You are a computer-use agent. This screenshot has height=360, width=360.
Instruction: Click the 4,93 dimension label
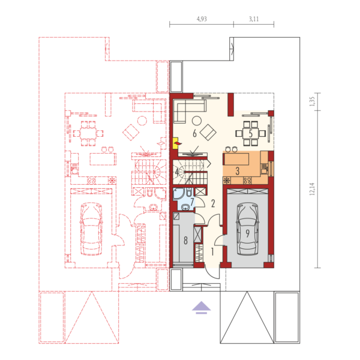pyautogui.click(x=202, y=19)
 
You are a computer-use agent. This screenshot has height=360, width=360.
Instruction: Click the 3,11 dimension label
pyautogui.click(x=254, y=19)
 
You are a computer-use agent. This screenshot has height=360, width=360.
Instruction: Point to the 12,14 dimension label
pyautogui.click(x=312, y=189)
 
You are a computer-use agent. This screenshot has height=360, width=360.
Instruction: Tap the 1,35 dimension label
pyautogui.click(x=312, y=101)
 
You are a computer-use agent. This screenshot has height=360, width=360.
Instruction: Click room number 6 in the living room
pyautogui.click(x=194, y=133)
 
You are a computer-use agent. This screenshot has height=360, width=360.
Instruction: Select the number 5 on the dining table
pyautogui.click(x=251, y=133)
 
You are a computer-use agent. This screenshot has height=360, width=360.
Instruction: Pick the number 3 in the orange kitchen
pyautogui.click(x=238, y=171)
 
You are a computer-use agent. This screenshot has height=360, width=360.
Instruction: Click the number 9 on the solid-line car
pyautogui.click(x=247, y=233)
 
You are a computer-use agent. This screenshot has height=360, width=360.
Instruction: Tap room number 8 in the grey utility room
pyautogui.click(x=185, y=241)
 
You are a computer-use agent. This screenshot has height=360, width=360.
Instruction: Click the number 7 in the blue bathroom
pyautogui.click(x=192, y=202)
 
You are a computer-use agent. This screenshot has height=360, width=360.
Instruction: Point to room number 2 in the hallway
pyautogui.click(x=213, y=203)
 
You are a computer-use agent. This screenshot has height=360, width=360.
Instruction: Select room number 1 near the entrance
pyautogui.click(x=212, y=251)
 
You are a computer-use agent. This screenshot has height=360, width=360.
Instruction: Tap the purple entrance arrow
pyautogui.click(x=202, y=307)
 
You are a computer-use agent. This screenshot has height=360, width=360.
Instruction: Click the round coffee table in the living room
pyautogui.click(x=197, y=121)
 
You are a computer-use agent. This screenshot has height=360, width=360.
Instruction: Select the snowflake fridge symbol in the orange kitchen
pyautogui.click(x=227, y=181)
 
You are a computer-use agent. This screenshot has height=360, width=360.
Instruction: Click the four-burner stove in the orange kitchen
pyautogui.click(x=247, y=181)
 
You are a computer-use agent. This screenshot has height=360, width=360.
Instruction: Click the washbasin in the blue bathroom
pyautogui.click(x=185, y=208)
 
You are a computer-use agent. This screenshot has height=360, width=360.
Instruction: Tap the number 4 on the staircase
pyautogui.click(x=177, y=172)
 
